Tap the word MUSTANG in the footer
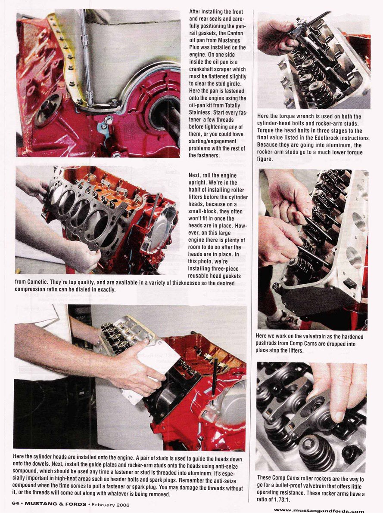[x=38, y=504]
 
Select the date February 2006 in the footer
[x=111, y=504]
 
